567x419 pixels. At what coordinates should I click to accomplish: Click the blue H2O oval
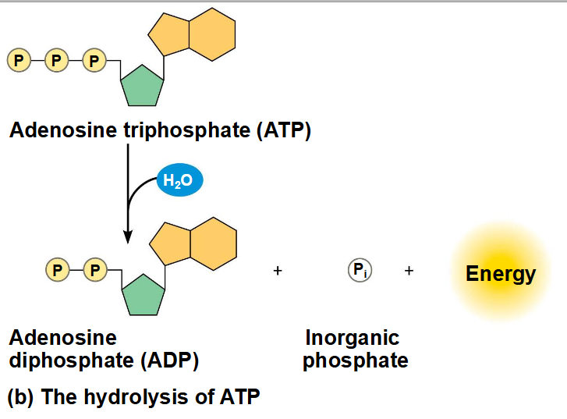pos(179,179)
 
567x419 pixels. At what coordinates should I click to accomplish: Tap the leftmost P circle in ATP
pos(19,60)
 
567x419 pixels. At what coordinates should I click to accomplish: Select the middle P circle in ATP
pos(56,60)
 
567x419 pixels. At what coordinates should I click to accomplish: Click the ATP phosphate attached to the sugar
pos(94,60)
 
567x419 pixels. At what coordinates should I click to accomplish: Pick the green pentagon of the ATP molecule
pos(142,87)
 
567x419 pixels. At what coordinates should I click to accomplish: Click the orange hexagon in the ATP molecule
pos(212,34)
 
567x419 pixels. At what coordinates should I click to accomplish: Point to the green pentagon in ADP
pos(144,296)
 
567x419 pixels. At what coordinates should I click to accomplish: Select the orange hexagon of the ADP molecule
pos(214,244)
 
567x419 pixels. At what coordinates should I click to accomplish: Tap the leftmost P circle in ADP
pos(58,270)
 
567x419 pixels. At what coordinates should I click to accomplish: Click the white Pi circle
pos(360,270)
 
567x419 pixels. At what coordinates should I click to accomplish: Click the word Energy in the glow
pos(501,274)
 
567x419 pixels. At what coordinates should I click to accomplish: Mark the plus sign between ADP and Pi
pos(278,271)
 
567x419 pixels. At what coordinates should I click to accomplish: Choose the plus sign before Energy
pos(409,271)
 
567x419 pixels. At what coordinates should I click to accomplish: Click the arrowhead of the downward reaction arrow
pos(128,236)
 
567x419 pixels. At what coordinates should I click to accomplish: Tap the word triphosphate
pos(187,130)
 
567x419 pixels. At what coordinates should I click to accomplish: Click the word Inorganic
pos(353,338)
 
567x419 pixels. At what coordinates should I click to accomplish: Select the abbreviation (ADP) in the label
pos(169,360)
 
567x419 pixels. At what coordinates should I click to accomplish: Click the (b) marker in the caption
pos(20,397)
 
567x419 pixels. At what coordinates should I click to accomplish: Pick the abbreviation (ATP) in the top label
pos(284,130)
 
